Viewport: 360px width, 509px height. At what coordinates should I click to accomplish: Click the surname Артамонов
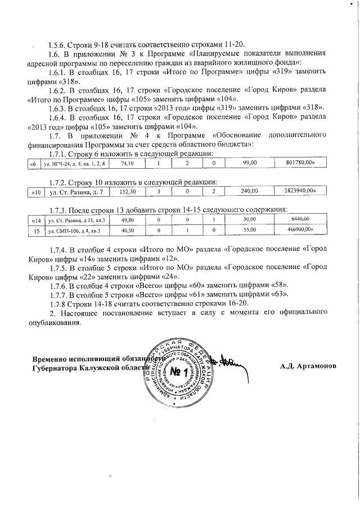tap(318, 366)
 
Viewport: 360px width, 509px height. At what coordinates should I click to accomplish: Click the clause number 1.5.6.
tap(58, 44)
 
